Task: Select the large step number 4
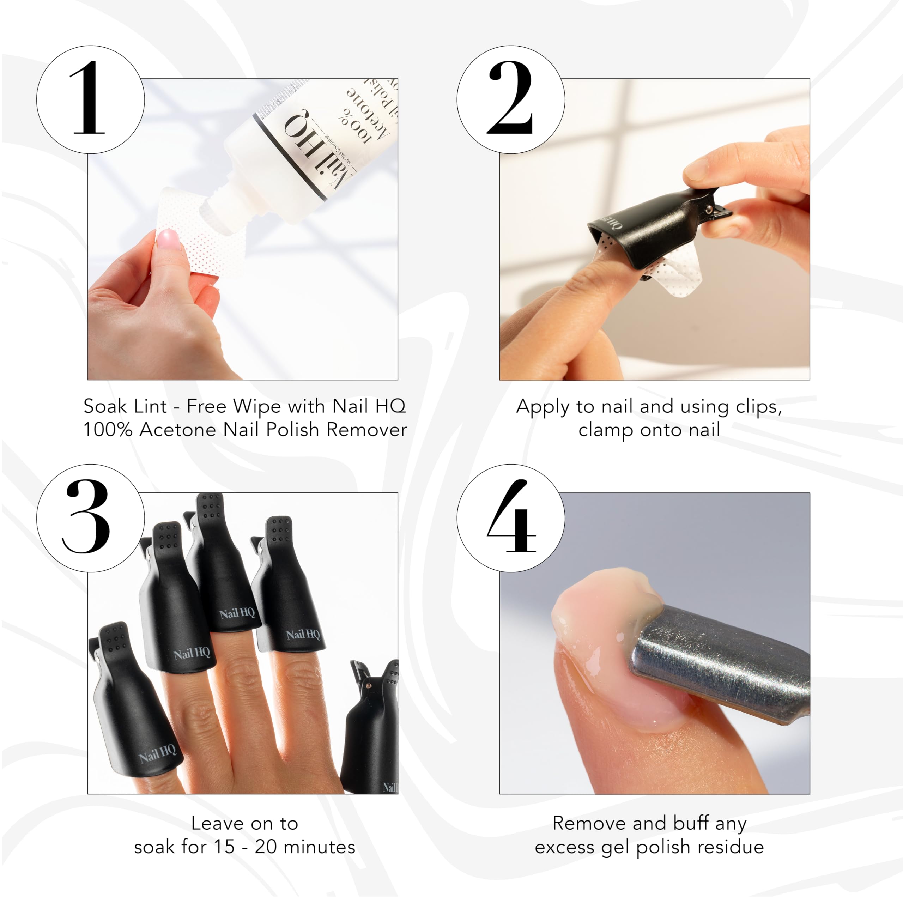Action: coord(511,517)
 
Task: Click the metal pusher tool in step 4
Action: coord(720,664)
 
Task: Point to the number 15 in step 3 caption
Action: coord(224,847)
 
